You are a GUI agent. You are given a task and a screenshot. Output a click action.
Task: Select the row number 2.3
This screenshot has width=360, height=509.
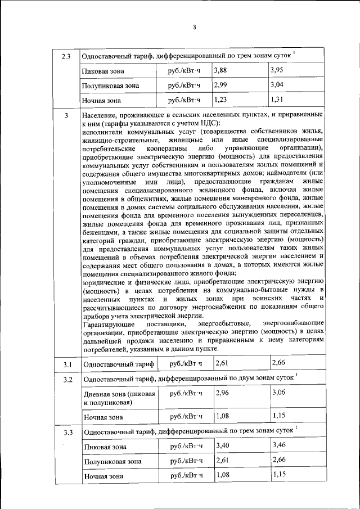[x=66, y=56]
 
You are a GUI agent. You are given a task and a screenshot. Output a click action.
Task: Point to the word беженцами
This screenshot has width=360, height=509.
[x=99, y=231]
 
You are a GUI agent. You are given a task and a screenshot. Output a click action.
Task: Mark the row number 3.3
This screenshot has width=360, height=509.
[x=66, y=432]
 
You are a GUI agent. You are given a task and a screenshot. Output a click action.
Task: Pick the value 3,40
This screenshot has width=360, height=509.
[x=223, y=445]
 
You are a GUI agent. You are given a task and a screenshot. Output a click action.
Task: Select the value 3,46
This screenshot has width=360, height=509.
[x=278, y=445]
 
